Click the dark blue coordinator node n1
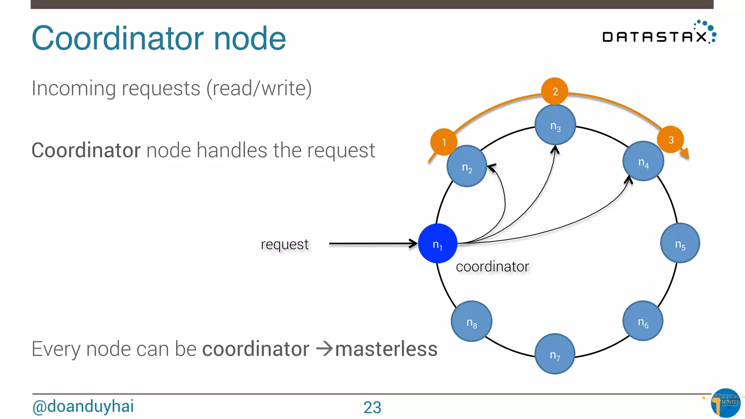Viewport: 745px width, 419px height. [x=438, y=243]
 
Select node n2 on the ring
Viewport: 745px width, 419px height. [x=467, y=166]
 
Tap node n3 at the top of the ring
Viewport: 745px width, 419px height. [x=555, y=125]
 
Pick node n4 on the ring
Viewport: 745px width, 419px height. [x=643, y=161]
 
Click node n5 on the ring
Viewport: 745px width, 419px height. [x=680, y=243]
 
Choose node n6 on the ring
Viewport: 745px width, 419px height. [x=643, y=321]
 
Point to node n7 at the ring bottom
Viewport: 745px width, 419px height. [x=555, y=354]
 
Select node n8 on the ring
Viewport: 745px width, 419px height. [x=471, y=321]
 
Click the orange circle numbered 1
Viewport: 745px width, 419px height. [x=443, y=142]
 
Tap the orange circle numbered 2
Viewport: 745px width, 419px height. [x=555, y=91]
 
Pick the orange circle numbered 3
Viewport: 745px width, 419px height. [x=670, y=139]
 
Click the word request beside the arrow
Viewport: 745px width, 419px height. [x=284, y=244]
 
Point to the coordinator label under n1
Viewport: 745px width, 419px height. [x=492, y=267]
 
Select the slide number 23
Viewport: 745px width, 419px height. [x=372, y=407]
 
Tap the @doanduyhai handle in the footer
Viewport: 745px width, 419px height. [x=83, y=406]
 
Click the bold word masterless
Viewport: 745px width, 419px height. [x=386, y=349]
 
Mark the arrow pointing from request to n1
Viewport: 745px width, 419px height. [x=372, y=244]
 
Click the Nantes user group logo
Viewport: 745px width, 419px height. [x=725, y=403]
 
